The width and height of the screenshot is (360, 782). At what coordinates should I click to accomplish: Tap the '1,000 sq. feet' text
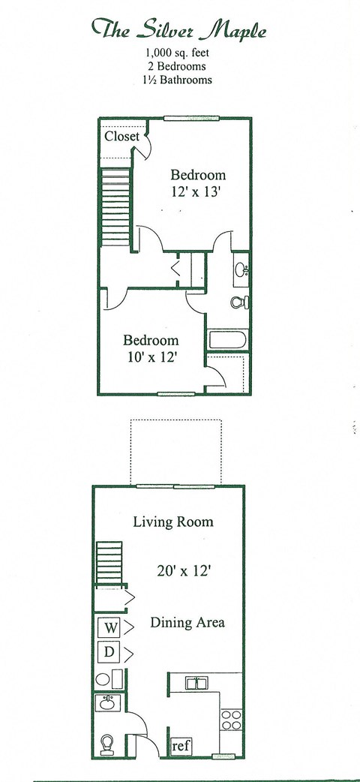[179, 53]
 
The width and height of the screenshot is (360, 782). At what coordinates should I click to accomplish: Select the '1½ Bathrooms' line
[179, 79]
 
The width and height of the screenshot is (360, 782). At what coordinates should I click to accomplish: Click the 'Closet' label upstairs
[121, 137]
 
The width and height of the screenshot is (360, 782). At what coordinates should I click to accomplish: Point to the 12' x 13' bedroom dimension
[197, 191]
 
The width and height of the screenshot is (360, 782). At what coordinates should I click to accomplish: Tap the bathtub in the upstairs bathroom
[227, 339]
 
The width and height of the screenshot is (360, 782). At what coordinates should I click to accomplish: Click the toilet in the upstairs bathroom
[239, 302]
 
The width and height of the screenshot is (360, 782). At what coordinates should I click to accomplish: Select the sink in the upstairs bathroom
[241, 269]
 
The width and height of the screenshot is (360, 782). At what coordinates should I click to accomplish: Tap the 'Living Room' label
[173, 522]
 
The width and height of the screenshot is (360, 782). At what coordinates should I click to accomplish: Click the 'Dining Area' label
[187, 623]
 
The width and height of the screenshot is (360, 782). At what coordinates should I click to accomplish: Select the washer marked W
[109, 627]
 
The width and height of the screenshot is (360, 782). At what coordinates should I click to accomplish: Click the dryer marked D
[109, 652]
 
